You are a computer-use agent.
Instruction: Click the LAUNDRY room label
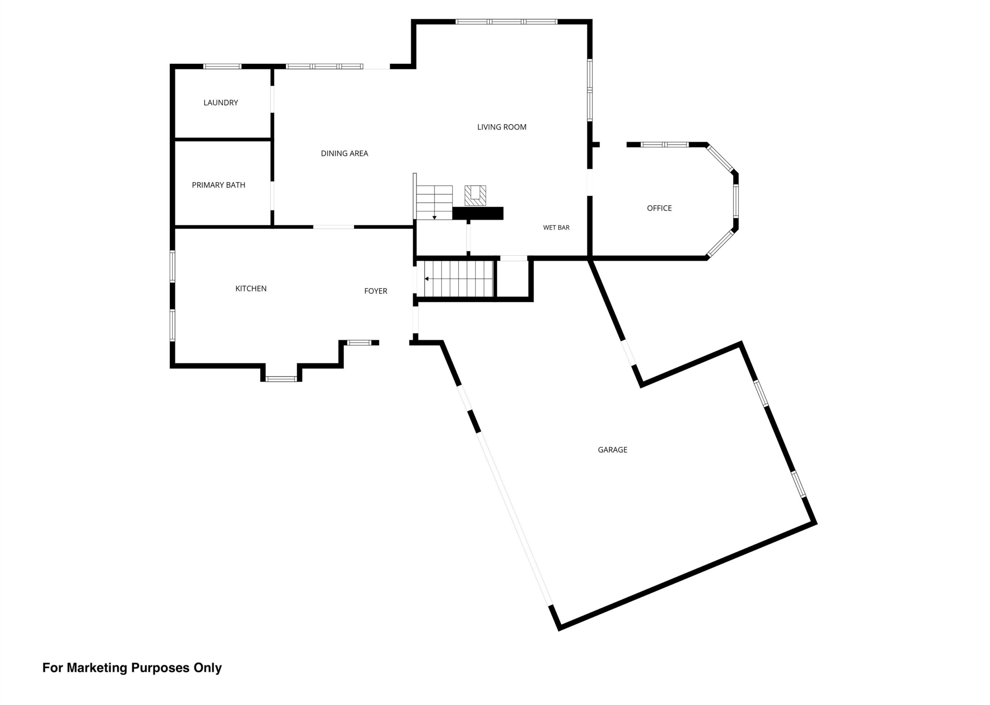click(220, 102)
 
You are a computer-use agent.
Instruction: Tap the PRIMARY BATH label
click(218, 185)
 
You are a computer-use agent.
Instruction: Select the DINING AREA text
click(344, 153)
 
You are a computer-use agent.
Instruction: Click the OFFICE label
click(659, 208)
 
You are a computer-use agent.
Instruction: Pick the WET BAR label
click(556, 227)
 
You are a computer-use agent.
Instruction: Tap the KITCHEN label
click(251, 288)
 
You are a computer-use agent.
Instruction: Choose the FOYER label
click(376, 291)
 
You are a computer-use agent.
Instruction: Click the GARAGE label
click(613, 450)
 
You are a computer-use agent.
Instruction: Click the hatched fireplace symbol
click(475, 195)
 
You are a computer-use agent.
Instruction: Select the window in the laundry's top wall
click(222, 67)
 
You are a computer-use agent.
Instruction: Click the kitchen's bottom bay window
click(281, 379)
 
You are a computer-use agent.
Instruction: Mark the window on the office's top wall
click(664, 145)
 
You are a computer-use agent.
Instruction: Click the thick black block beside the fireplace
click(478, 213)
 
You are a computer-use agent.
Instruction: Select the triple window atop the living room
click(507, 22)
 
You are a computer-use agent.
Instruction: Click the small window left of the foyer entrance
click(359, 343)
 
